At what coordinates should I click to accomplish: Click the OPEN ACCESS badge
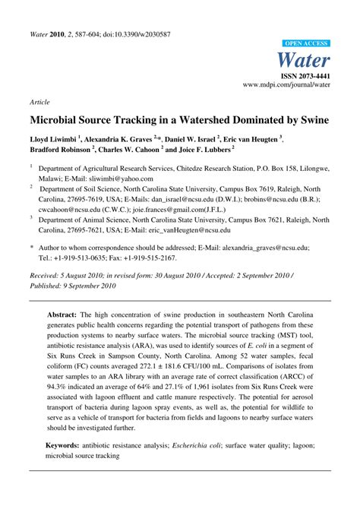point(306,44)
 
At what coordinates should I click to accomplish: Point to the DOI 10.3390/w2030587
point(133,35)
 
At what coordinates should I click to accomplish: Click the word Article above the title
point(40,101)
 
